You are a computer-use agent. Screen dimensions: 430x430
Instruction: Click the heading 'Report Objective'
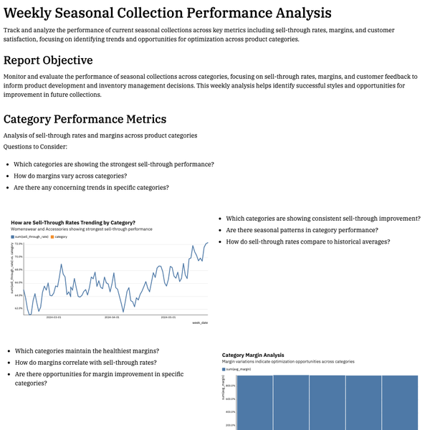click(x=48, y=60)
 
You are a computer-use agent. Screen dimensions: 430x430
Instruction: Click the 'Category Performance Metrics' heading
click(x=85, y=119)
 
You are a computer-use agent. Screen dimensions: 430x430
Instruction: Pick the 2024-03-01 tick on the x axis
click(x=54, y=316)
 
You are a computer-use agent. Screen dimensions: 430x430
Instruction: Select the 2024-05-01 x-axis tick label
click(x=168, y=316)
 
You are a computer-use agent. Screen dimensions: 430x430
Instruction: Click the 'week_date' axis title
click(x=200, y=323)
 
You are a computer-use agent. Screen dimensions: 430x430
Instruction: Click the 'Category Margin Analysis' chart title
click(x=253, y=355)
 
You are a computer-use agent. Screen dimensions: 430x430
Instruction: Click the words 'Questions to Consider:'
click(x=35, y=146)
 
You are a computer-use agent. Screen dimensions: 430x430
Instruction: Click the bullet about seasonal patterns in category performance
click(x=301, y=230)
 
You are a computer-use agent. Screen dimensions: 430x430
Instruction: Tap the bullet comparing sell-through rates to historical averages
click(x=307, y=242)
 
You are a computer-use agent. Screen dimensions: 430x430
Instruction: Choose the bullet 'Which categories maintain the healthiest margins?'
click(x=87, y=351)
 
